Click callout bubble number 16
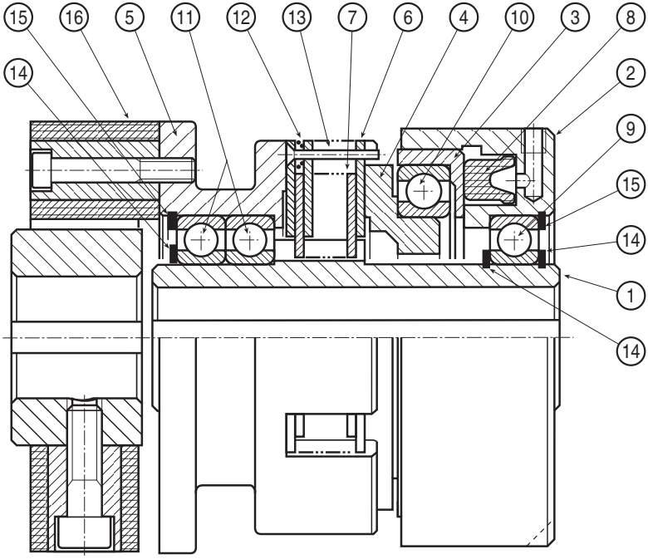[75, 17]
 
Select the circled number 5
[130, 17]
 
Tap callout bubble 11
[185, 17]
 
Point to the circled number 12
[242, 17]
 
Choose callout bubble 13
[297, 17]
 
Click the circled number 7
[352, 17]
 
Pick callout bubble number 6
[408, 17]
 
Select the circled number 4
[464, 17]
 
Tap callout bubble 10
[519, 17]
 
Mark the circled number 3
[575, 17]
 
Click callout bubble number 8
[631, 17]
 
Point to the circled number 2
[631, 73]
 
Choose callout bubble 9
[631, 129]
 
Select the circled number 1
[631, 296]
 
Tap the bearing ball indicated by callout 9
[514, 240]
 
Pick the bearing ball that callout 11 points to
[248, 240]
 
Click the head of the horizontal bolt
[42, 170]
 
